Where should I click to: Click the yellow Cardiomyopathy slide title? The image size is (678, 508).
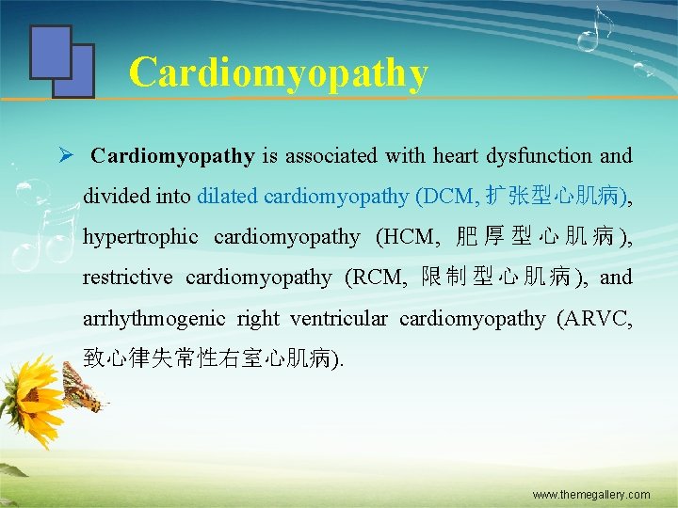278,72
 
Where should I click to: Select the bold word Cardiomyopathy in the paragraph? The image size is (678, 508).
172,156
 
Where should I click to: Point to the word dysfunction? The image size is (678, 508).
540,156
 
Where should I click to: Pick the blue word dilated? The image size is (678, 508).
227,197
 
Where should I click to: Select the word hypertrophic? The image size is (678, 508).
140,237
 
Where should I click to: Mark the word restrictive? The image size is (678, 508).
127,278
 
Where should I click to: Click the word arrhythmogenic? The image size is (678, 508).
153,319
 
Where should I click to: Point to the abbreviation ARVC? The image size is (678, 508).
597,319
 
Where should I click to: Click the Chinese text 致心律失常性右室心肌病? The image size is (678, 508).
207,358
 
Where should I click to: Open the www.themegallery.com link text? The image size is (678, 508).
590,494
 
